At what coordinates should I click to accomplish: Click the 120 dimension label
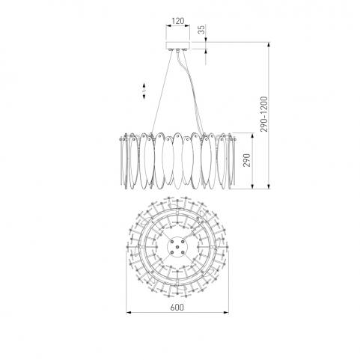(x=178, y=21)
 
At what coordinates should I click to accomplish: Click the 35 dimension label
(x=202, y=29)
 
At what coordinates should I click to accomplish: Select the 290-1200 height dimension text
(x=263, y=115)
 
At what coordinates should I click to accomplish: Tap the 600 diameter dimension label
(x=177, y=307)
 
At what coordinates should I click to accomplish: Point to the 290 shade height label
(x=246, y=160)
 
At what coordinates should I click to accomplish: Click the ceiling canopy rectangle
(x=178, y=46)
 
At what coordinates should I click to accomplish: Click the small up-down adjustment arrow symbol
(x=144, y=91)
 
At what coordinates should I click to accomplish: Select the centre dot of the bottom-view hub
(x=177, y=247)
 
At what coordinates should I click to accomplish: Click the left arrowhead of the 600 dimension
(x=129, y=312)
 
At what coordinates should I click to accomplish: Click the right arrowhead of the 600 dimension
(x=226, y=312)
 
